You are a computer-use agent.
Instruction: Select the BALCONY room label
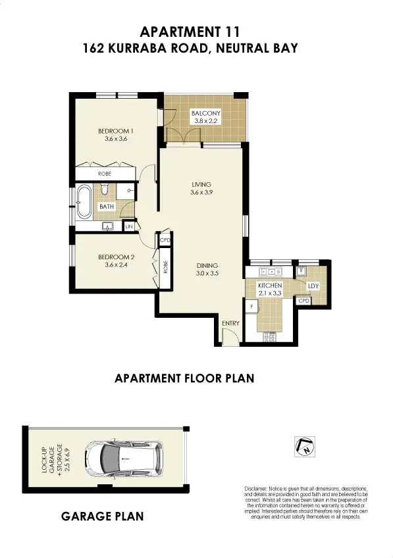(x=205, y=113)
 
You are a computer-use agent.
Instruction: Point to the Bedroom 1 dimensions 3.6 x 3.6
(x=115, y=139)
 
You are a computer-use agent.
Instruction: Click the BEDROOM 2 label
(x=116, y=257)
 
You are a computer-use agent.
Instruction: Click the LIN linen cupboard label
(x=128, y=226)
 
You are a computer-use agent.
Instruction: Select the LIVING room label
(x=201, y=184)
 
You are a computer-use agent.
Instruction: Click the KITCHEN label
(x=270, y=286)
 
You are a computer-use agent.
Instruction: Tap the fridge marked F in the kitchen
(x=251, y=307)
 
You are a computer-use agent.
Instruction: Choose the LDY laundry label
(x=313, y=286)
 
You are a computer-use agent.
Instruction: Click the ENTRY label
(x=231, y=323)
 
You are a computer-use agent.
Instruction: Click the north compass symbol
(x=304, y=446)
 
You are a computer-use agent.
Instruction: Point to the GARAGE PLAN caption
(x=102, y=517)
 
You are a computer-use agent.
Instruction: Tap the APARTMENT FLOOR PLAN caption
(x=184, y=378)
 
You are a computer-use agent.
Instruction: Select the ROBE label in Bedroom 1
(x=104, y=173)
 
